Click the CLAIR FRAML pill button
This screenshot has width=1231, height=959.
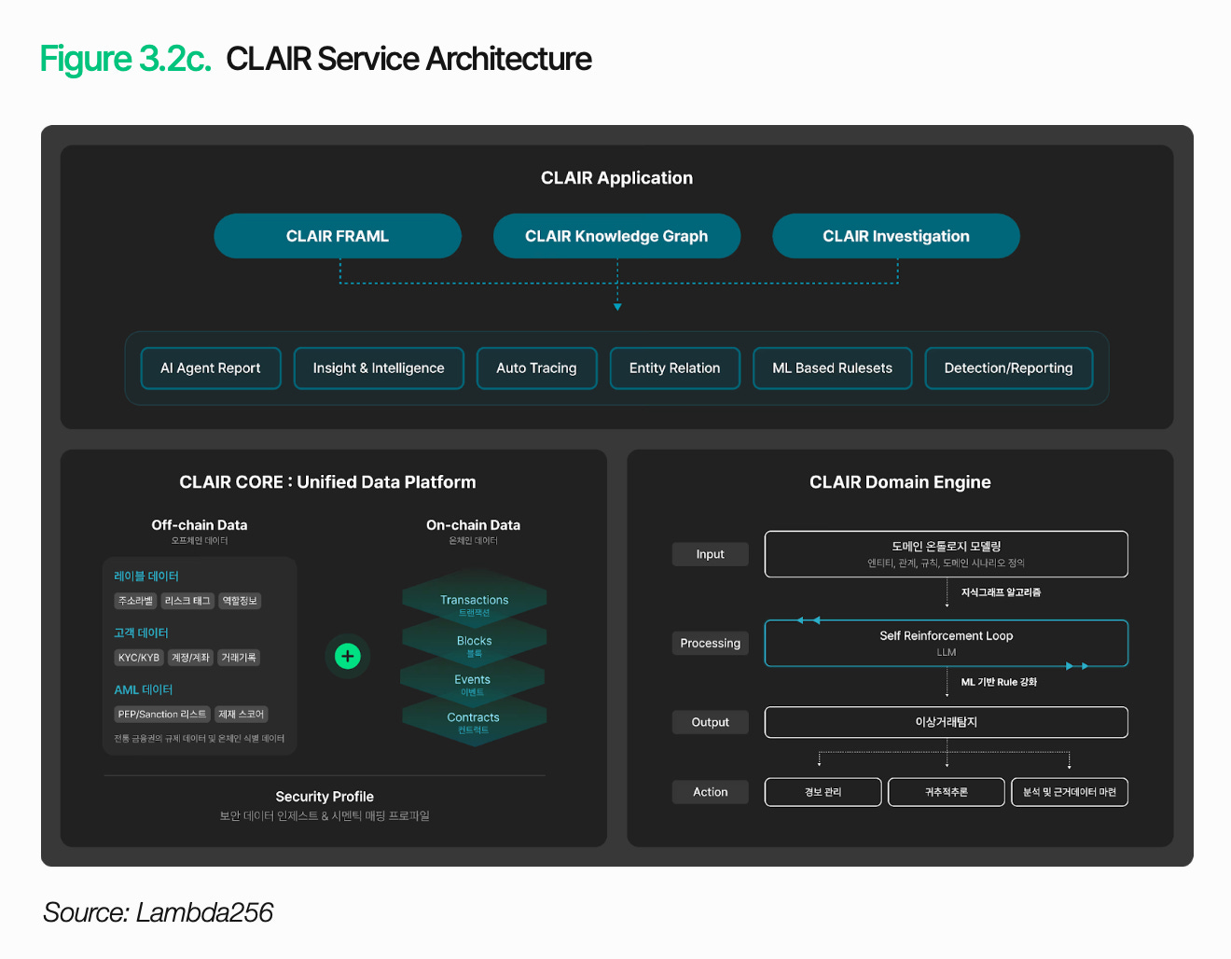pos(338,236)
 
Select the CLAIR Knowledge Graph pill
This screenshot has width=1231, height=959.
pos(616,236)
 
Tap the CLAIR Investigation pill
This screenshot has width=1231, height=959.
pos(895,236)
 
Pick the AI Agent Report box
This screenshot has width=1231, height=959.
pos(211,368)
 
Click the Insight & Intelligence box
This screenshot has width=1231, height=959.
pos(379,368)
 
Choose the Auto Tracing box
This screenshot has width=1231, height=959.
pos(536,368)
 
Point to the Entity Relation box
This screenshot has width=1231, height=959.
pos(674,368)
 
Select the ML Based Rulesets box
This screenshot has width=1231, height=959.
pos(832,368)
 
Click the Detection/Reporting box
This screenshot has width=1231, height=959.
pos(1008,368)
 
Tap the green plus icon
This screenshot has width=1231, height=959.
pos(348,656)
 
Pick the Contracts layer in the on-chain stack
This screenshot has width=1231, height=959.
pos(473,721)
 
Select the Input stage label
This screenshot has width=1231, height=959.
pos(710,554)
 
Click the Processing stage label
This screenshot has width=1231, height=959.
pos(710,644)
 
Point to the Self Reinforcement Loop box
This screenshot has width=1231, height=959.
pos(946,643)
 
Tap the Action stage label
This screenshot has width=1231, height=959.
pos(710,792)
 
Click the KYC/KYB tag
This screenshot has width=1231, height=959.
pos(139,658)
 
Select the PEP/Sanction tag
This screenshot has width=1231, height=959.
pos(162,715)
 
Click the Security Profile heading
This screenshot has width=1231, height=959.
pos(325,797)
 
